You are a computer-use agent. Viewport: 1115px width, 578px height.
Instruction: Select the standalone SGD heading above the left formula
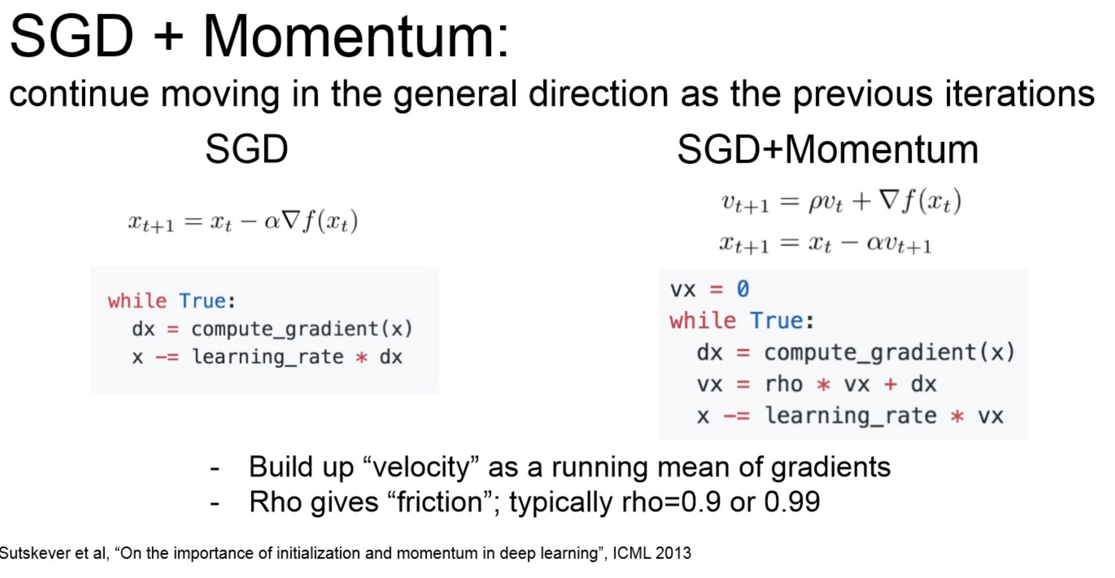pyautogui.click(x=247, y=149)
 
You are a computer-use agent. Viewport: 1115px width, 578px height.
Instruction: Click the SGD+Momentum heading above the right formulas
pyautogui.click(x=828, y=150)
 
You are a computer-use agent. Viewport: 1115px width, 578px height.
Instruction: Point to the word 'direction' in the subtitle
pyautogui.click(x=598, y=93)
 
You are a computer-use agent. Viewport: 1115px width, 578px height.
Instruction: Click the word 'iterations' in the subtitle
pyautogui.click(x=1020, y=93)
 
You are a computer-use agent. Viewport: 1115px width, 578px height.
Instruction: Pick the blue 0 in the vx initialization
pyautogui.click(x=743, y=289)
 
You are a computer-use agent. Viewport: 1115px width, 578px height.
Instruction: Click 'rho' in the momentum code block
pyautogui.click(x=784, y=384)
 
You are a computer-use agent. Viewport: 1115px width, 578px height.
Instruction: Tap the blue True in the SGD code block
pyautogui.click(x=203, y=301)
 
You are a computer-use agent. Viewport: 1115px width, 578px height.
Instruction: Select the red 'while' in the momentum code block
pyautogui.click(x=702, y=321)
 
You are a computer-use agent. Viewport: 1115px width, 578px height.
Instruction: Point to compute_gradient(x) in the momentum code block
pyautogui.click(x=890, y=352)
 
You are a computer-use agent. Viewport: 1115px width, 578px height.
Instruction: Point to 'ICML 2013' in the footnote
pyautogui.click(x=652, y=553)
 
